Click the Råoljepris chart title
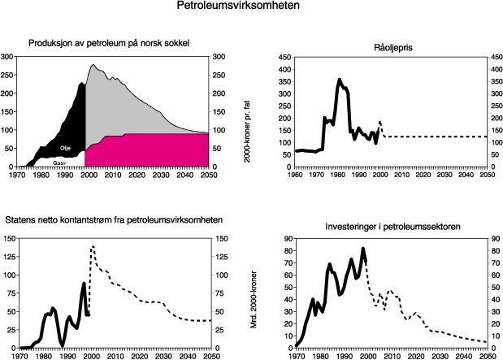[x=388, y=47]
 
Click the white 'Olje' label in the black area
[x=65, y=148]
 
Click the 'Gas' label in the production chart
[x=59, y=163]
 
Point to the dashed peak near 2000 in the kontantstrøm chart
[x=93, y=245]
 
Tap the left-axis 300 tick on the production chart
[x=7, y=57]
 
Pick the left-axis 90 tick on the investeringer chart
[x=285, y=239]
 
